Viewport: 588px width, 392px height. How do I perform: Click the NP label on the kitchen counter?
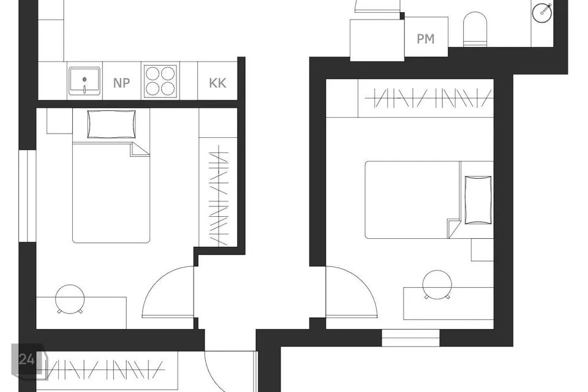tap(121, 83)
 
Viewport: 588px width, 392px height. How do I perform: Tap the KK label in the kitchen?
tap(217, 83)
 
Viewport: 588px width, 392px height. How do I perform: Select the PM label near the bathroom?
tap(426, 39)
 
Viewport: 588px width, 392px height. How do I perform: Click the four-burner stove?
tap(160, 81)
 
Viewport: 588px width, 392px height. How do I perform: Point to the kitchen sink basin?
tap(85, 81)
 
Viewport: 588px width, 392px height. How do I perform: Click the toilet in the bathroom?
tap(475, 29)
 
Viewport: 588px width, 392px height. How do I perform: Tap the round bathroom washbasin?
tap(542, 12)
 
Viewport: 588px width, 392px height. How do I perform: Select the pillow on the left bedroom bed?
tap(111, 124)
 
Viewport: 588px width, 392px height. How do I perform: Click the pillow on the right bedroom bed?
tap(478, 200)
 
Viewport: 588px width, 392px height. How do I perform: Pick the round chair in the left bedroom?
tap(70, 299)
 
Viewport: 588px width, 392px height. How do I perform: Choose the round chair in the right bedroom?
tap(437, 285)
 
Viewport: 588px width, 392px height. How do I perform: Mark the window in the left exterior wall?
tap(28, 196)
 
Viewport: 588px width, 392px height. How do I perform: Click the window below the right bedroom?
tap(410, 337)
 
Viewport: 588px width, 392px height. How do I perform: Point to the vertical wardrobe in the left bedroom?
tap(218, 192)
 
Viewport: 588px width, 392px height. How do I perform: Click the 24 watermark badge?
tap(27, 360)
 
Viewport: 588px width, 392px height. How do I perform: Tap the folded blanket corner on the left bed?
tap(140, 149)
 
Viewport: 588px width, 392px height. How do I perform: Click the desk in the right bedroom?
tap(448, 303)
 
